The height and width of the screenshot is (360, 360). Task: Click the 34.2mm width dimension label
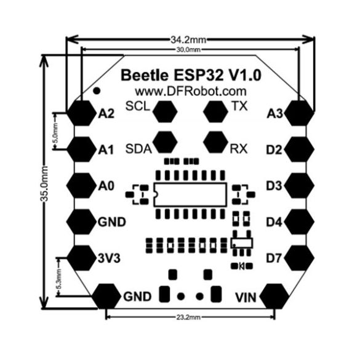tap(188, 40)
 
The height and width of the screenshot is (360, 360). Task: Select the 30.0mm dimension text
tap(188, 50)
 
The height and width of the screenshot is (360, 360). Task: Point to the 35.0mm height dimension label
tap(44, 183)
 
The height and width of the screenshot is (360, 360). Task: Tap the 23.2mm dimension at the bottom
tap(188, 318)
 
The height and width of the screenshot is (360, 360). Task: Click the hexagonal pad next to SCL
tap(165, 111)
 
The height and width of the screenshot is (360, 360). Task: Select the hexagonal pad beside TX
tap(215, 111)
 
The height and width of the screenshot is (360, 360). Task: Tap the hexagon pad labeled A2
tap(81, 113)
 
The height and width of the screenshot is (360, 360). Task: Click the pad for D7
tap(299, 258)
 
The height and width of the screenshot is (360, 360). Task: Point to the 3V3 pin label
tap(109, 258)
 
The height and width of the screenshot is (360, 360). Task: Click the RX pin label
tap(239, 149)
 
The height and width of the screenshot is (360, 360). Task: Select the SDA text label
tap(138, 149)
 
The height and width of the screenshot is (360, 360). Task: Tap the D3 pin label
tap(274, 186)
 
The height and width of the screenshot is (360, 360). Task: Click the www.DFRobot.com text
tap(191, 91)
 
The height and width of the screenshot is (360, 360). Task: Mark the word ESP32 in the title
tap(199, 75)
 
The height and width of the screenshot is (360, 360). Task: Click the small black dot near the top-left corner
tap(97, 90)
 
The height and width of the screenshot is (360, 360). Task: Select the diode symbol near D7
tap(242, 266)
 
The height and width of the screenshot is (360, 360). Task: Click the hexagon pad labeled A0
tap(81, 185)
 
